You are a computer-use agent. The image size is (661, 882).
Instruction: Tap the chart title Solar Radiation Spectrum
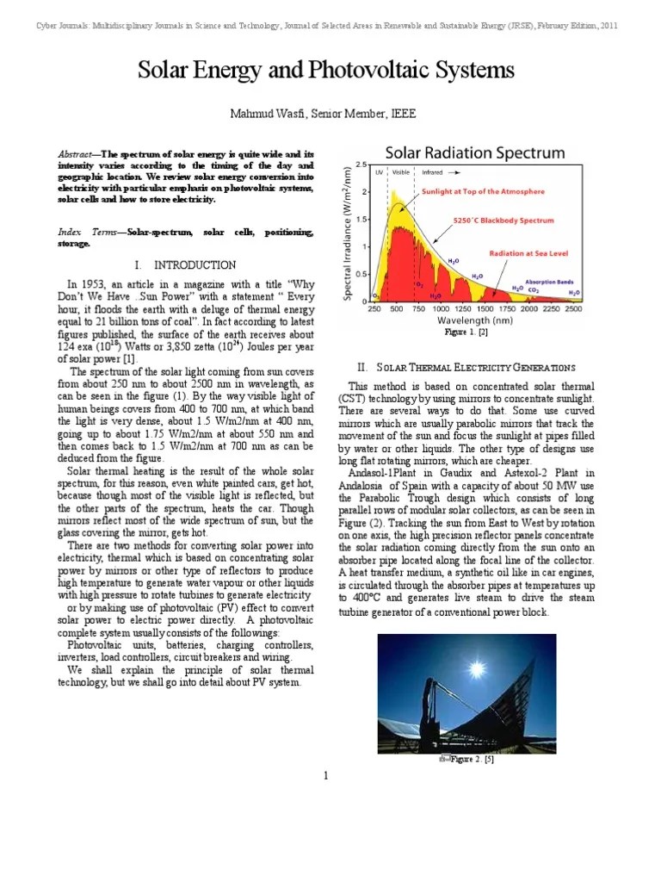[474, 153]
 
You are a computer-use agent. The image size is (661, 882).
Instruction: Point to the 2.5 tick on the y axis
[362, 164]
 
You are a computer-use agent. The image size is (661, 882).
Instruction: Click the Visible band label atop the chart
[401, 172]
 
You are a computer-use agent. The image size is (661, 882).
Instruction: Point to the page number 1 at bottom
[327, 777]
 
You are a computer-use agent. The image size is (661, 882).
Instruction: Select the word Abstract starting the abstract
[77, 151]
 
